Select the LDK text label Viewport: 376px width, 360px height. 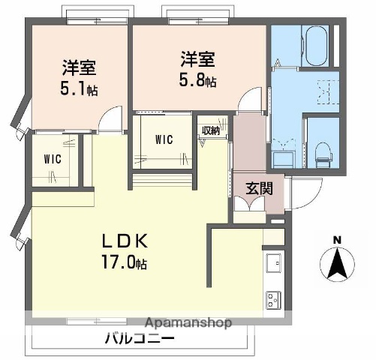pos(128,242)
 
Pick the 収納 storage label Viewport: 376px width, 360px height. pos(211,130)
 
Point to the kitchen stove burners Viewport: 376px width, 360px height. pos(272,299)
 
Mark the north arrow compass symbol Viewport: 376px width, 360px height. pos(337,264)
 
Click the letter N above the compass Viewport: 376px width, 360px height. pos(337,239)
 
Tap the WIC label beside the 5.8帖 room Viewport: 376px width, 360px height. pos(165,139)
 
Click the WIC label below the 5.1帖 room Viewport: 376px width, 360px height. pos(53,159)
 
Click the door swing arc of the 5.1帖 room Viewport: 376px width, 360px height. pos(110,118)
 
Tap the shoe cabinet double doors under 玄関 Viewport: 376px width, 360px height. pos(248,208)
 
